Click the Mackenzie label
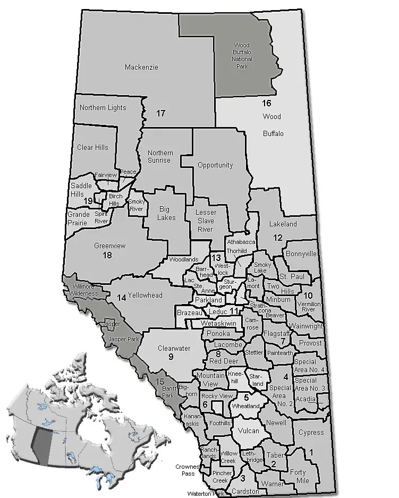tap(142, 67)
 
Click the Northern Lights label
tap(103, 108)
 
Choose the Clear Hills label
tap(92, 147)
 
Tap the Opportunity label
tap(215, 165)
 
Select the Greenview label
tap(109, 246)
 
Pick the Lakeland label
tap(283, 224)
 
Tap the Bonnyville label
tap(301, 254)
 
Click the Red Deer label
tap(223, 361)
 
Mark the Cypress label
tap(311, 432)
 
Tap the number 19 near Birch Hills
tap(88, 200)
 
